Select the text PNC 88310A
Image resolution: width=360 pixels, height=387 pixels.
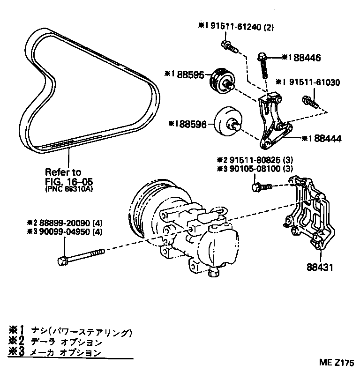pos(70,189)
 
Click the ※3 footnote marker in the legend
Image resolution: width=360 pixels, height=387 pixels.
pos(17,353)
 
